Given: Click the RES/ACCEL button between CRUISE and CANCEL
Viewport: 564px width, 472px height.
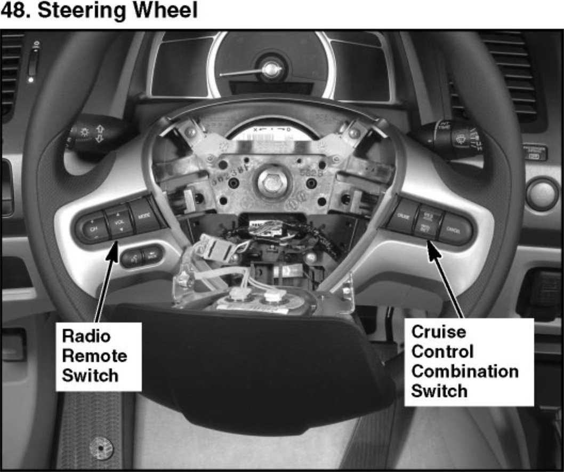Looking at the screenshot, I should [x=427, y=215].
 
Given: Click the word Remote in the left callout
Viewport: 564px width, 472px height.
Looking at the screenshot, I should [x=94, y=355].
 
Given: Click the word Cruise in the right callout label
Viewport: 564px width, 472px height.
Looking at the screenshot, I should [x=439, y=332].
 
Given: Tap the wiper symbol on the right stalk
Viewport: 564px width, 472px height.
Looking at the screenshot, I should [x=459, y=139].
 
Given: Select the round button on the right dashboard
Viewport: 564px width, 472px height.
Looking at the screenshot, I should [x=542, y=193].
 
